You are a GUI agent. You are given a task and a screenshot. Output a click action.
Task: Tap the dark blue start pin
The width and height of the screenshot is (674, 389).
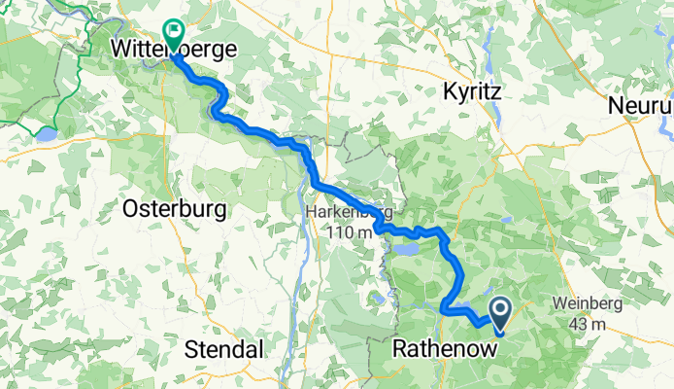click(501, 313)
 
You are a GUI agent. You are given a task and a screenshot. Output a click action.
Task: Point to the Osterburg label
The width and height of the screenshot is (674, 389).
click(176, 208)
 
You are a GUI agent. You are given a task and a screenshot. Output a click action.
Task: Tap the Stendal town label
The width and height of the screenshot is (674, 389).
click(224, 348)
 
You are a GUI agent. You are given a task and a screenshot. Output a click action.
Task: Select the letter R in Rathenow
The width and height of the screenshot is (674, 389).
click(401, 347)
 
